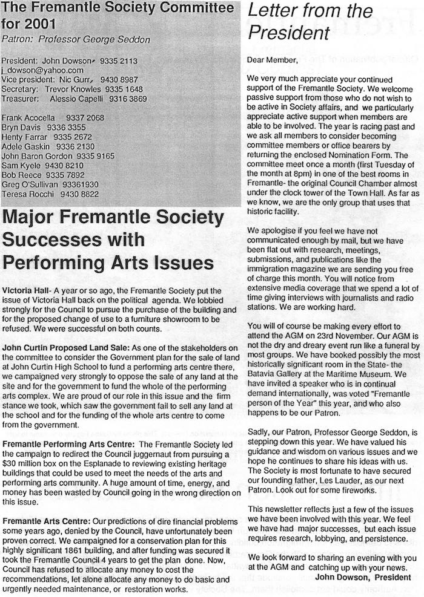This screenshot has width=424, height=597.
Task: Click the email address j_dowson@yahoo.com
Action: coord(42,70)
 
